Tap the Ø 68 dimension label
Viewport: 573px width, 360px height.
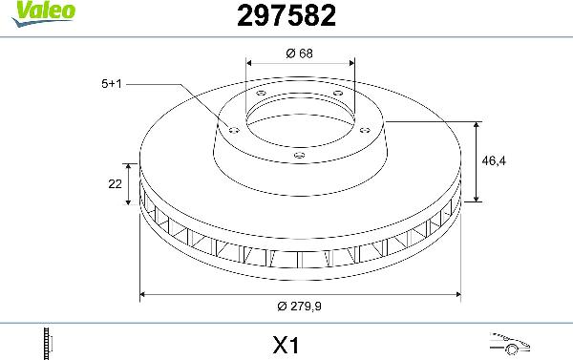[299, 53]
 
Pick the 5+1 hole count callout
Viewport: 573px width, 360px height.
[111, 84]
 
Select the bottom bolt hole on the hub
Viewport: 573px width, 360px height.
[299, 156]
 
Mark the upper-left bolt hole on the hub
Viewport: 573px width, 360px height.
[261, 93]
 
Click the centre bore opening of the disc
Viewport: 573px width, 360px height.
[299, 119]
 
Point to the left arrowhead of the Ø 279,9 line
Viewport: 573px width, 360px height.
[143, 294]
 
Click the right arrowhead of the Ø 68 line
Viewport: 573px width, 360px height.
[352, 65]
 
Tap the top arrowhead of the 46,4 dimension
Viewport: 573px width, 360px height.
[477, 125]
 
